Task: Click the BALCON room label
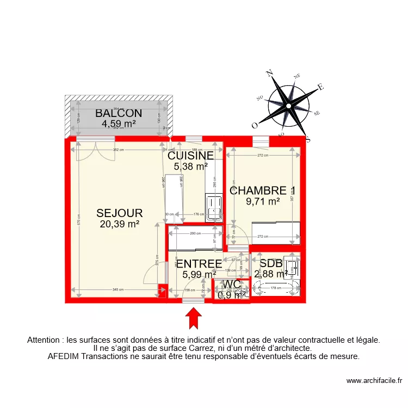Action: [119, 114]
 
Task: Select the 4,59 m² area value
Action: [119, 123]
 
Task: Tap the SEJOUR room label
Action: [120, 213]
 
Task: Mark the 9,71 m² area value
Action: [263, 201]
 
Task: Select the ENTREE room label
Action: [199, 264]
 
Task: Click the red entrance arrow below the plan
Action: [193, 318]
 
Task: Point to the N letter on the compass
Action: [269, 72]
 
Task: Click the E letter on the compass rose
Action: [321, 86]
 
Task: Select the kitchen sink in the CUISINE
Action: [214, 207]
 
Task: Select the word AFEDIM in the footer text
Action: [64, 357]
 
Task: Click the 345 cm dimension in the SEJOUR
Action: [117, 289]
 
